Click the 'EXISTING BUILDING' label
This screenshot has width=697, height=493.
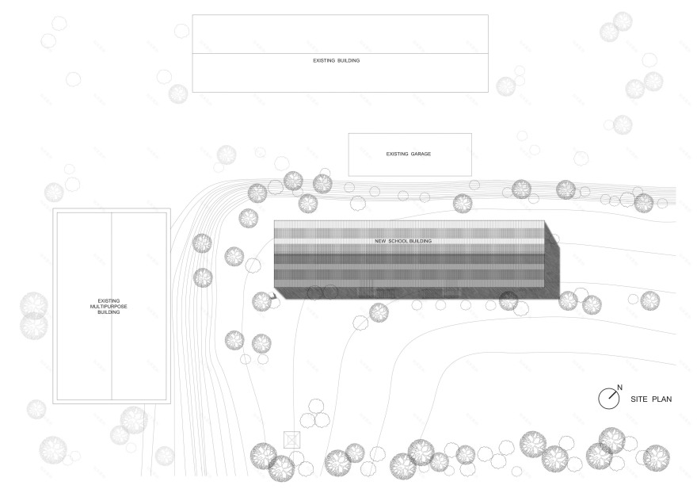pos(337,60)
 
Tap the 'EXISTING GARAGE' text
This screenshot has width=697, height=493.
pos(409,154)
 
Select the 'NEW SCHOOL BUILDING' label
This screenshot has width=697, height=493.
pos(403,240)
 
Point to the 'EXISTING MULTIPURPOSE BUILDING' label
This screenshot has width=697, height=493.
pos(109,307)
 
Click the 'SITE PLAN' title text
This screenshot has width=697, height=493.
pos(651,399)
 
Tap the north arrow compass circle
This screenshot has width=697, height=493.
pos(607,399)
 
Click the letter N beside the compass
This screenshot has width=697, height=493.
pos(619,388)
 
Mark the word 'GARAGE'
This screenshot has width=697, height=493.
pos(420,154)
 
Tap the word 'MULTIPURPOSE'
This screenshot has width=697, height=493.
pos(109,307)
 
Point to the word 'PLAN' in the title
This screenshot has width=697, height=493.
pos(662,399)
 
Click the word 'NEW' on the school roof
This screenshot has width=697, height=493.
pos(380,240)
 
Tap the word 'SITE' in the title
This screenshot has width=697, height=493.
pos(638,399)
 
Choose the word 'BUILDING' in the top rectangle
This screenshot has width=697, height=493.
pos(348,60)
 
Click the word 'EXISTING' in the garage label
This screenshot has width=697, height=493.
pos(396,154)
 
